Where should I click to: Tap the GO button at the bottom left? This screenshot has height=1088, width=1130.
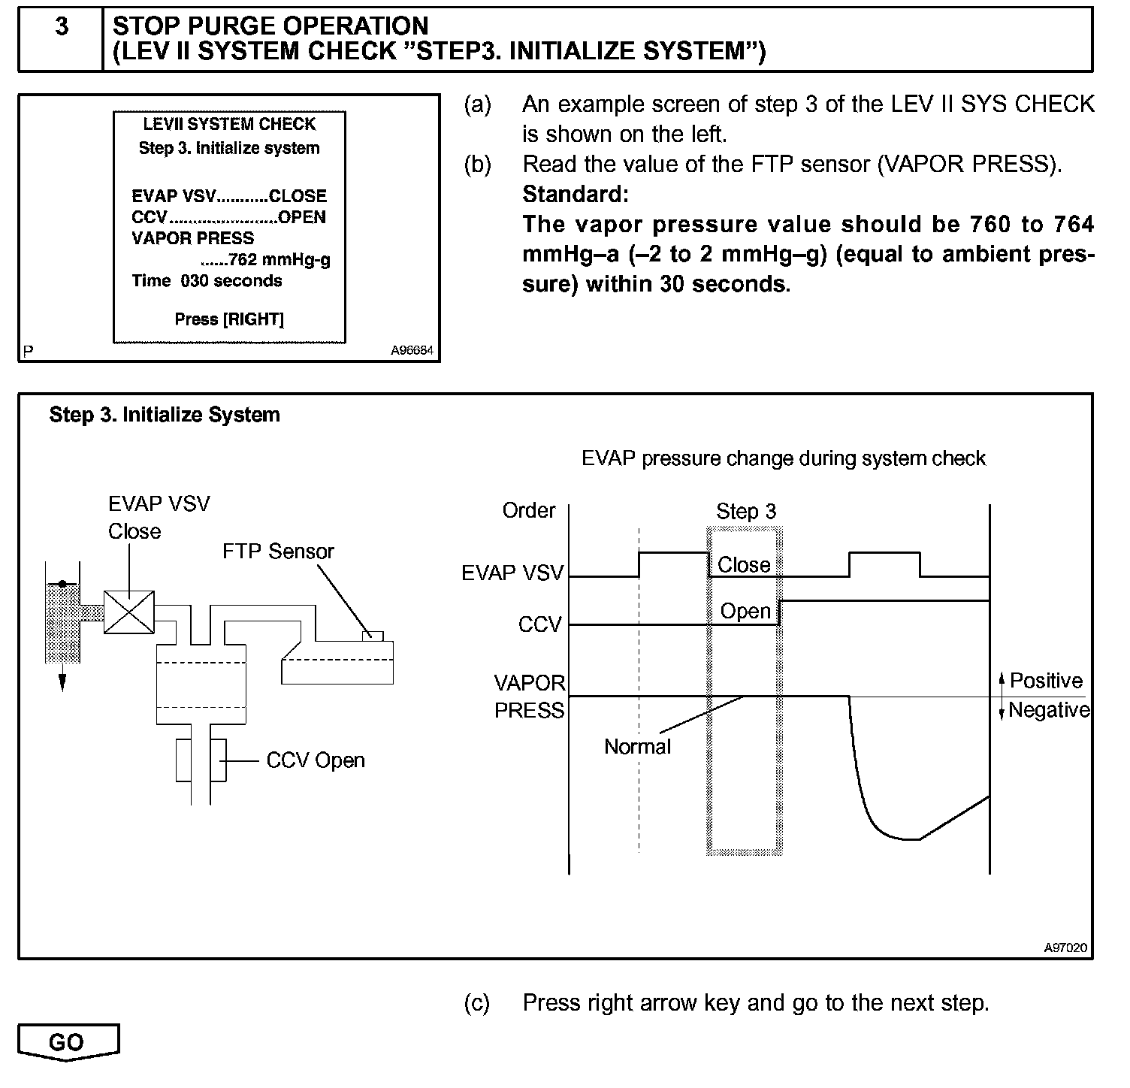[x=67, y=1042]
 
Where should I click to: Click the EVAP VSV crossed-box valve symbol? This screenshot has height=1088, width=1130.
[x=129, y=612]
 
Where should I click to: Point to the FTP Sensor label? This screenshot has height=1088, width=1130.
[x=278, y=552]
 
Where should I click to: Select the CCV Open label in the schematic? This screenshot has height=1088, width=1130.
[x=316, y=760]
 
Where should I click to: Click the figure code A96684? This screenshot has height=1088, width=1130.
[x=412, y=350]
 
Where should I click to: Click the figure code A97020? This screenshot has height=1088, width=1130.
[x=1065, y=947]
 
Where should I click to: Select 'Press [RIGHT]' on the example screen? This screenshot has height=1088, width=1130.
[x=229, y=319]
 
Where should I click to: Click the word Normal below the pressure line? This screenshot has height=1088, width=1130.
[x=637, y=747]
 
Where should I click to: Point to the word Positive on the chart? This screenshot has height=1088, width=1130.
[x=1046, y=681]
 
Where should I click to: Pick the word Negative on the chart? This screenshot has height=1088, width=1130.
[x=1049, y=710]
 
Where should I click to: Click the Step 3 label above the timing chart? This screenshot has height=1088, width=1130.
[x=745, y=512]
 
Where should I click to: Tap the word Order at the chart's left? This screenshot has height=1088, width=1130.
[x=529, y=511]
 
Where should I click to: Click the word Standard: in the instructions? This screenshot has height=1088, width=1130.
[x=575, y=195]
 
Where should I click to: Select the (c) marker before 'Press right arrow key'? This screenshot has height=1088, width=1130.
[x=477, y=1002]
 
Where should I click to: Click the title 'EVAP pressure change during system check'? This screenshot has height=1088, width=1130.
[x=783, y=458]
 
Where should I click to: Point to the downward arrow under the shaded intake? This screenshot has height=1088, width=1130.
[x=62, y=679]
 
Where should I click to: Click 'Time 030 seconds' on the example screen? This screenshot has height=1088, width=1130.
[x=207, y=281]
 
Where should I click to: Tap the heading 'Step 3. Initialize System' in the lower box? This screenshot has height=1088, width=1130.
[x=165, y=415]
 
